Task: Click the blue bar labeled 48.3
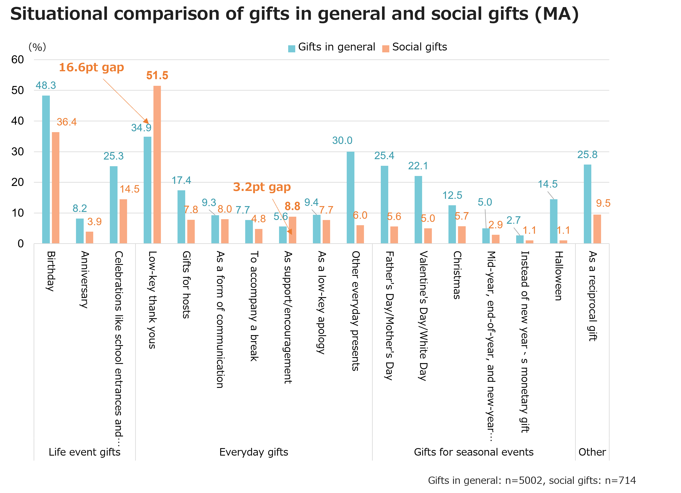[x=46, y=170]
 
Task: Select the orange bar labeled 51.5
[x=157, y=165]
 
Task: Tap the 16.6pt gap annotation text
[x=91, y=68]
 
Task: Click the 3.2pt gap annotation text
[x=262, y=187]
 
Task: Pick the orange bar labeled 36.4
[x=56, y=188]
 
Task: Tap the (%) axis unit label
[x=37, y=47]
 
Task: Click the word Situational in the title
[x=59, y=14]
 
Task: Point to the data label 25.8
[x=587, y=155]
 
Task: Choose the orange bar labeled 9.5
[x=597, y=229]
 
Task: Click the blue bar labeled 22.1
[x=418, y=210]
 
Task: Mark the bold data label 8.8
[x=292, y=206]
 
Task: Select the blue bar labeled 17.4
[x=181, y=217]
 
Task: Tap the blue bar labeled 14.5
[x=554, y=221]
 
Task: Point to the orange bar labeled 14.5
[x=123, y=221]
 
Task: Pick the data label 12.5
[x=452, y=195]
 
